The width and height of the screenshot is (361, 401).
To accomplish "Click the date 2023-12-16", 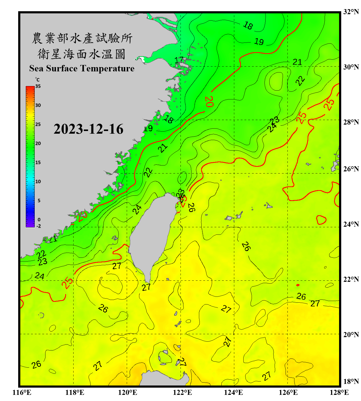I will click(89, 129).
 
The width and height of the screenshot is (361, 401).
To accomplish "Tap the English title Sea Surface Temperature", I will click(82, 68).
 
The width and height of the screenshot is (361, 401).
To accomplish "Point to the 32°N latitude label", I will click(351, 12).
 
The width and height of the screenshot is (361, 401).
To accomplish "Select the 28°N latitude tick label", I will click(351, 122).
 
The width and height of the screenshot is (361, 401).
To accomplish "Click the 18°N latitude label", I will click(351, 381).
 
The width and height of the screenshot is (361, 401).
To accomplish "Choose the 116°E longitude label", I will click(22, 392).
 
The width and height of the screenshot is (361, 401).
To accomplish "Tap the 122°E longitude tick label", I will click(182, 392).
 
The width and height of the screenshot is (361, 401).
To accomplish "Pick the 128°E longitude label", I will click(339, 392).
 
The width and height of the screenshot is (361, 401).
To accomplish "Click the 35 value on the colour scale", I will click(38, 86).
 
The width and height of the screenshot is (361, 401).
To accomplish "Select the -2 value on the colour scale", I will click(39, 226).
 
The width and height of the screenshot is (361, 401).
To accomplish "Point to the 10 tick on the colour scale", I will click(38, 182).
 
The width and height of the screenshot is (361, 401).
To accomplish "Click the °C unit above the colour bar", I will click(37, 80).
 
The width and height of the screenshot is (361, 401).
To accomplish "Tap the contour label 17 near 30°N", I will click(179, 60).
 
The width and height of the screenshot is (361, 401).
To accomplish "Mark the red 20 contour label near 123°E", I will click(209, 102).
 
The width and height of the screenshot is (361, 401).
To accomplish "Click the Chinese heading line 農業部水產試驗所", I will click(82, 38).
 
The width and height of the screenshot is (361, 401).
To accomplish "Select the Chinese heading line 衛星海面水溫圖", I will click(82, 54).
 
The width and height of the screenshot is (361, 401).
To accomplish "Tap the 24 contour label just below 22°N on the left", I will click(40, 276).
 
